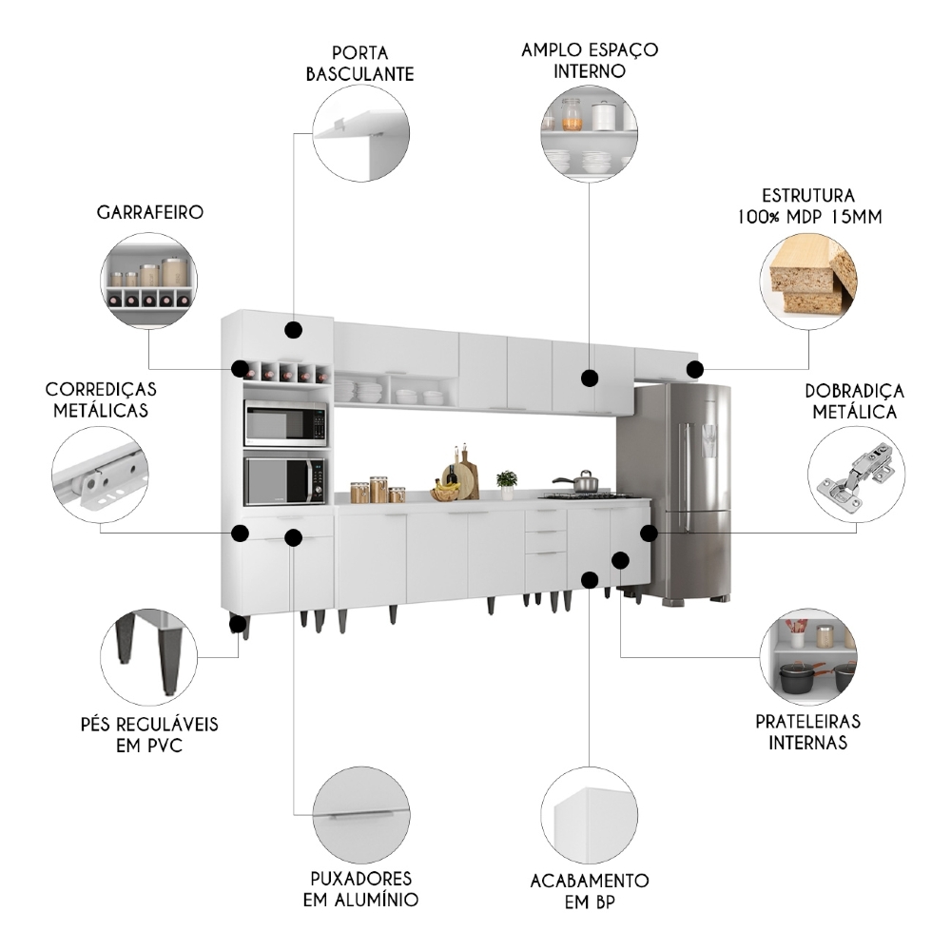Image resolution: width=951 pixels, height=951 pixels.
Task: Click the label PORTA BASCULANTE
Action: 360,62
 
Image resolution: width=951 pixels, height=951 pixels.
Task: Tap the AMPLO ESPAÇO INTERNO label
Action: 590,59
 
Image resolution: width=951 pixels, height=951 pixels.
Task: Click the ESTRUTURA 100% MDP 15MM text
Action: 808,205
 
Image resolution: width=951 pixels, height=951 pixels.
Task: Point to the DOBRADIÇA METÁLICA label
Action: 854,401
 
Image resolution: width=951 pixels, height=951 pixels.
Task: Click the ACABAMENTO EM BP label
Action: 590,891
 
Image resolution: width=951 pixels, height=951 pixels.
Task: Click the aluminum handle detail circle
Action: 361,814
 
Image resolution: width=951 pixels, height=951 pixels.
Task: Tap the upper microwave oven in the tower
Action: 285,423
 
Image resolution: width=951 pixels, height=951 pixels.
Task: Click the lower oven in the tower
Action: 285,481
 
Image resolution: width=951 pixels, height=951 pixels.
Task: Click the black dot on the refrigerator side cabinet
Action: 649,534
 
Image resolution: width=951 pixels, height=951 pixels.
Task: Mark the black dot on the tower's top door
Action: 293,330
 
